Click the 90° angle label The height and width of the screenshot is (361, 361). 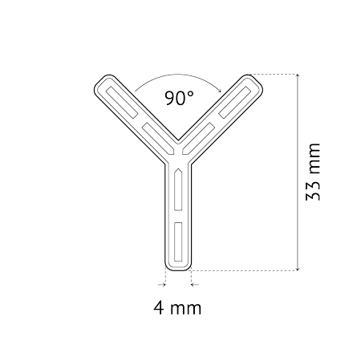tap(179, 98)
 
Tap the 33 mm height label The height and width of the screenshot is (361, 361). tap(313, 172)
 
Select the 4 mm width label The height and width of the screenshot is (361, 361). tap(177, 308)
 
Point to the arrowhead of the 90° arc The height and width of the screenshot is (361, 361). tap(220, 90)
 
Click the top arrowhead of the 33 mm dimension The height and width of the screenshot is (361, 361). tap(298, 76)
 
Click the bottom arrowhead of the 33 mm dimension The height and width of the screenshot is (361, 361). tap(298, 268)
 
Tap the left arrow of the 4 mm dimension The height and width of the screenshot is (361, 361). tap(162, 285)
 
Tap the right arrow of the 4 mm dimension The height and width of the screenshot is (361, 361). tap(195, 285)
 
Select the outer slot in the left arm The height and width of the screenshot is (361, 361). tap(122, 103)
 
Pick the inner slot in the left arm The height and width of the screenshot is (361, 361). tap(159, 139)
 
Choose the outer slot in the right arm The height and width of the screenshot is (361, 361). tap(235, 102)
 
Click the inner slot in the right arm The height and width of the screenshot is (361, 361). tap(198, 138)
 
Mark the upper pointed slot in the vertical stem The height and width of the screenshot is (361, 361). tap(178, 189)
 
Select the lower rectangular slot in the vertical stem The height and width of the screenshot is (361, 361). tap(178, 241)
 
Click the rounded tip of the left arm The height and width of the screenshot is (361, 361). tap(103, 83)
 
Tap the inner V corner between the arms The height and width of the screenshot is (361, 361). tap(178, 140)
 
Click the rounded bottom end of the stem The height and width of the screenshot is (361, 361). tap(178, 269)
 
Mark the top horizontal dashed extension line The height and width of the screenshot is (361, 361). tap(274, 74)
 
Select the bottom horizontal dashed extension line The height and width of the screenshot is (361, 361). tap(245, 270)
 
